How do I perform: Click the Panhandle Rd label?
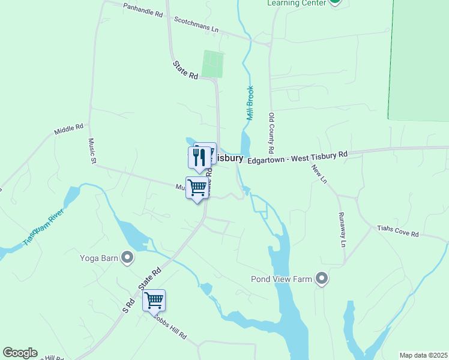tap(143, 10)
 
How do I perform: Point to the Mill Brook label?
tap(250, 103)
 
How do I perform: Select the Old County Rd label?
tap(271, 133)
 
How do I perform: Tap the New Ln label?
tap(319, 173)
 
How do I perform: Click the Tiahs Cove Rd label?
tap(397, 232)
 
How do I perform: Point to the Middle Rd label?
tap(67, 130)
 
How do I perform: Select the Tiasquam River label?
tap(43, 227)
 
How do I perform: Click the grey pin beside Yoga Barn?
tap(127, 258)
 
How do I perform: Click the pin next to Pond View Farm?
tap(322, 279)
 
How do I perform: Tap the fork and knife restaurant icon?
tap(199, 157)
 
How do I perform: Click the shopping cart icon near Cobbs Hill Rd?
tap(154, 299)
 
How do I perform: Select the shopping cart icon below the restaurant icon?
tap(197, 188)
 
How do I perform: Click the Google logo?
tap(20, 353)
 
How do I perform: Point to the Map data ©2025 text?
tap(423, 355)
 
